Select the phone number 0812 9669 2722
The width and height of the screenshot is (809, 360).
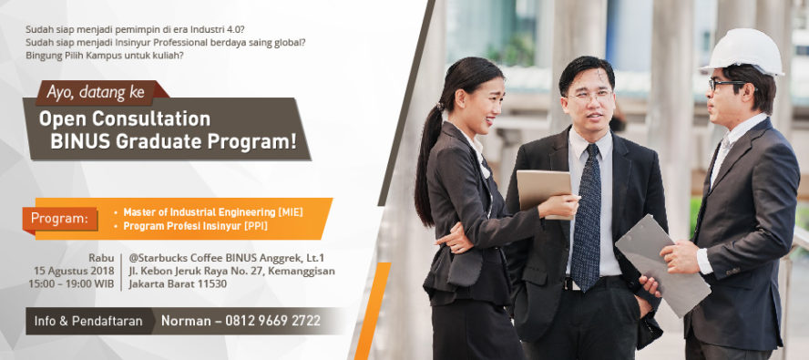[279, 321]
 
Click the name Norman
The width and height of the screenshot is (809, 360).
[188, 321]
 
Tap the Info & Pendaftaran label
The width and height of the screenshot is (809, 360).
[88, 321]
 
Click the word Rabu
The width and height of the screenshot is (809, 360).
[101, 258]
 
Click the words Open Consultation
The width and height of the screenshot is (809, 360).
[125, 118]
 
